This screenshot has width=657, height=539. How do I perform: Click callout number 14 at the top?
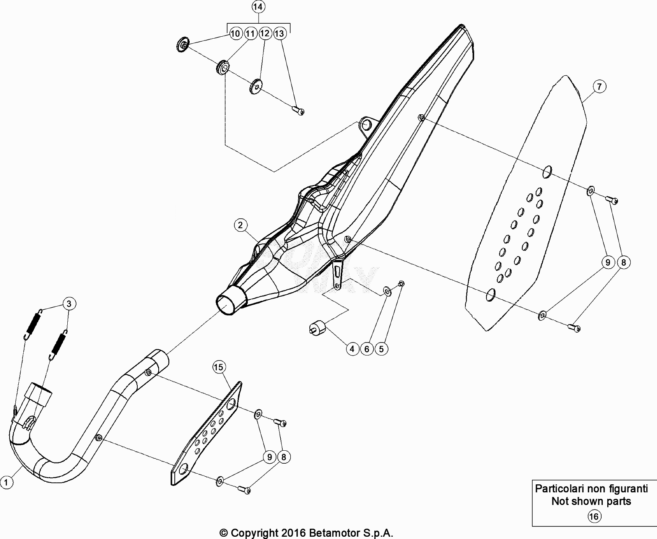coord(258,7)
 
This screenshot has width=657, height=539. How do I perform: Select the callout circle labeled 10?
coord(235,34)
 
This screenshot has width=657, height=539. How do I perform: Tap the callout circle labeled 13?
coord(280,34)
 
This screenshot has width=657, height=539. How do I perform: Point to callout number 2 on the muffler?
coord(240,225)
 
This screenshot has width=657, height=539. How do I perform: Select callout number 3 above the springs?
coord(69,304)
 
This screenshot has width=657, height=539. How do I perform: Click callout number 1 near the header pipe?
coord(6,482)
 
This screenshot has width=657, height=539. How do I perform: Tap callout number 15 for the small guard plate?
coord(218,367)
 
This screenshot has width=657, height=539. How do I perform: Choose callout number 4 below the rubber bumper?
coord(352,349)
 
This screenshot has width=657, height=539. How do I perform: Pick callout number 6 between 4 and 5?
coord(367,349)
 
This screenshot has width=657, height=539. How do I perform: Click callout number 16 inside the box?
coord(594,517)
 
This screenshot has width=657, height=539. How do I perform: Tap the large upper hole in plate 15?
coord(231,405)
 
